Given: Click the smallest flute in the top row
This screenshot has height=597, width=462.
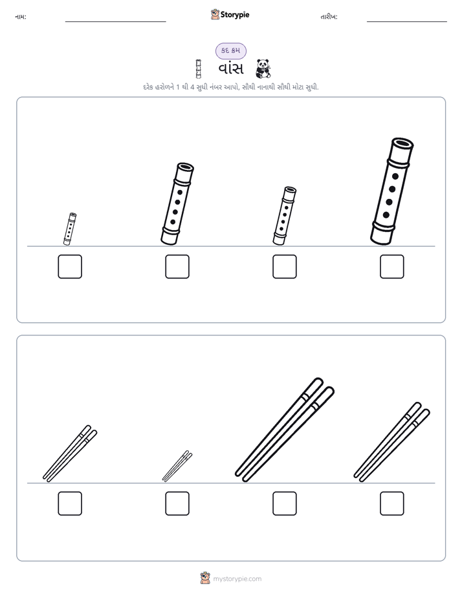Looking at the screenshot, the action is (70, 229).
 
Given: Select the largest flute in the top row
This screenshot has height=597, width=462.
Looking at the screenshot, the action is (392, 191).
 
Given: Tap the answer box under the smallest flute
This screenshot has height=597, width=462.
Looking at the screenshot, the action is (70, 266).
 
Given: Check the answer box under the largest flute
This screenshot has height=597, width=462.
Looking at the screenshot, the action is (392, 266).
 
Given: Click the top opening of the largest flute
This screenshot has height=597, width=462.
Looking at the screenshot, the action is (403, 143).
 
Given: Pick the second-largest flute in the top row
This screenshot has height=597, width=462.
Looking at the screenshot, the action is (177, 204).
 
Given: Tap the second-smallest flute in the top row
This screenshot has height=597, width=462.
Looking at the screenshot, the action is (285, 216).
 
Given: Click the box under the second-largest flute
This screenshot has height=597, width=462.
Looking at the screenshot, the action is (177, 266).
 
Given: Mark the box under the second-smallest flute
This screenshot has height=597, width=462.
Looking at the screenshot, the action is (285, 266).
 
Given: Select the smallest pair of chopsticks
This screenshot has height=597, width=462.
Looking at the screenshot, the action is (177, 466).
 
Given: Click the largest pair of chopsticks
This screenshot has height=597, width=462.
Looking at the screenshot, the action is (285, 430).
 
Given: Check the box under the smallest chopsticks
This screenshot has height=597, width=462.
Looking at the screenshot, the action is (177, 503).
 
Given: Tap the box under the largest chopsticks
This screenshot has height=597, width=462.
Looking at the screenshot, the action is (285, 503).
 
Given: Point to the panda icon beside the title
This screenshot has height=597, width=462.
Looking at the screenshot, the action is (263, 68).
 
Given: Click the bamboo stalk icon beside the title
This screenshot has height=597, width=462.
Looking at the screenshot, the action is (198, 68).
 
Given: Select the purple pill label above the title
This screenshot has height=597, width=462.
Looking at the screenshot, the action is (230, 50).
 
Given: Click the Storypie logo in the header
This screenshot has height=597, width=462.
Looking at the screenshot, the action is (230, 14).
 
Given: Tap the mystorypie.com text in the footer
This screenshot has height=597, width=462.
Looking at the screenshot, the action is (237, 579).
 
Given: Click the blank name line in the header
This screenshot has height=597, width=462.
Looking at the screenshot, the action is (115, 21).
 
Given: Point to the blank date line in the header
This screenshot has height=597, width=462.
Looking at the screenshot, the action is (407, 21).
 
